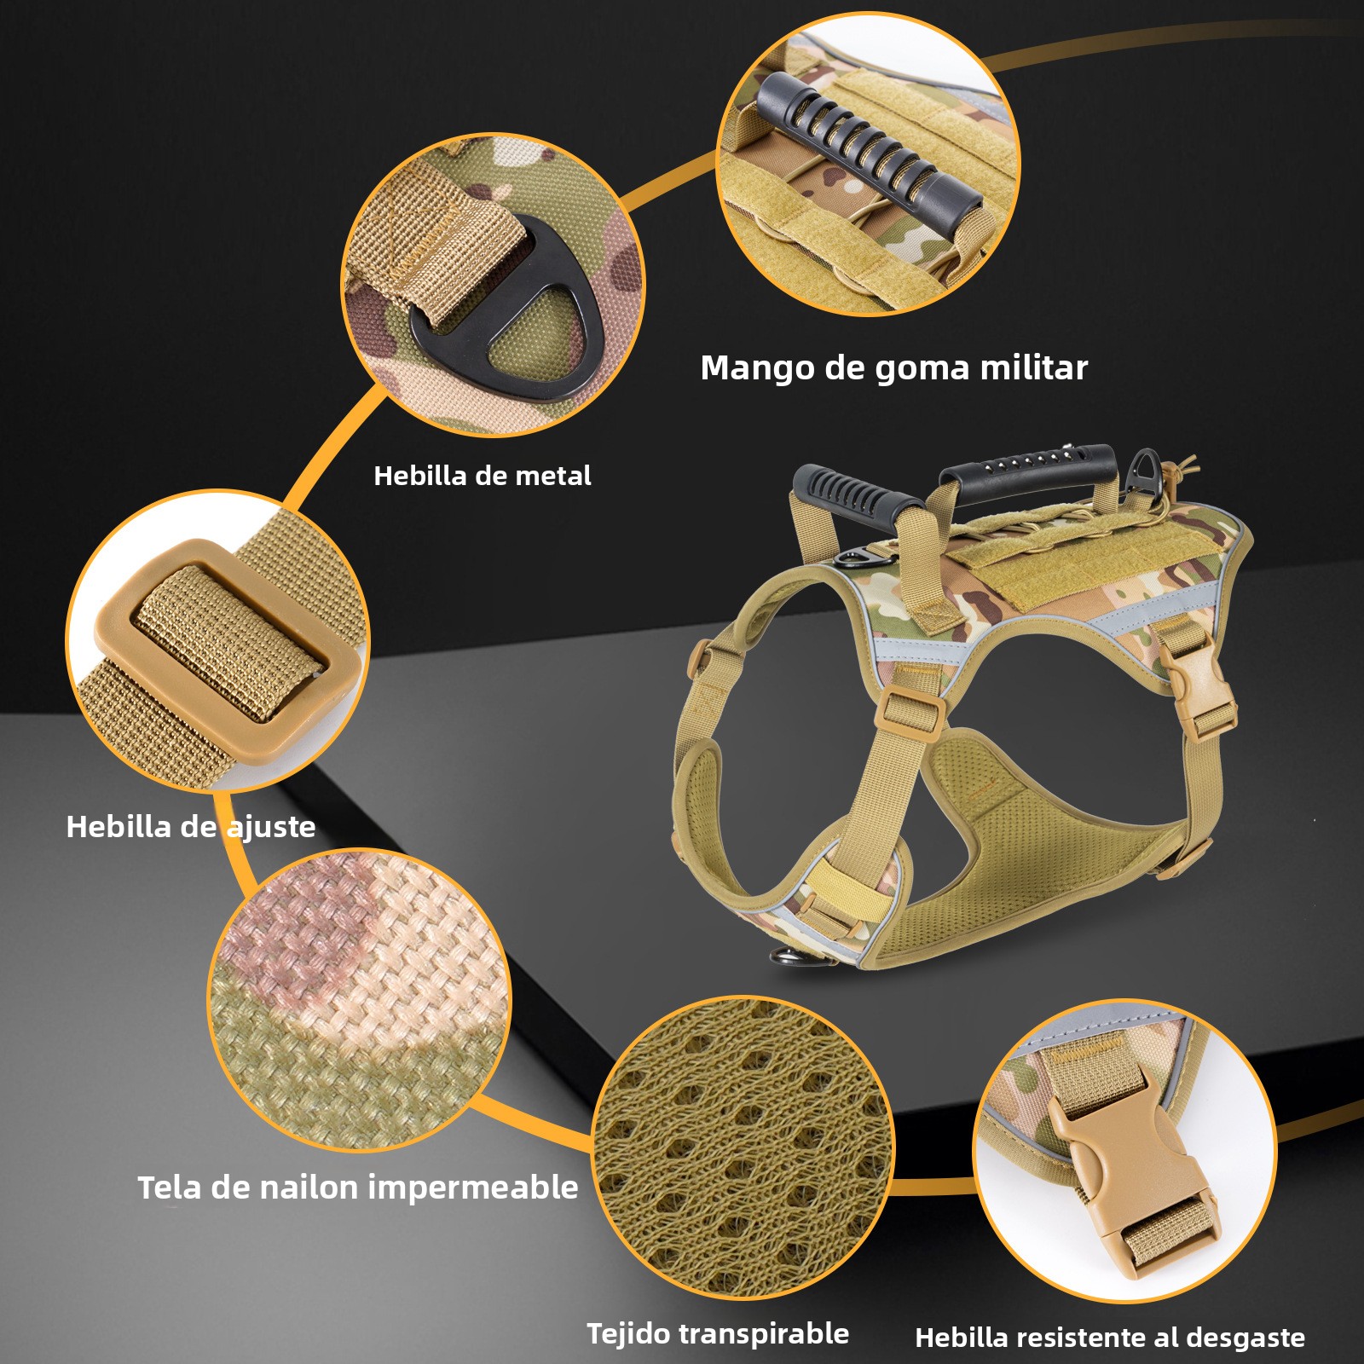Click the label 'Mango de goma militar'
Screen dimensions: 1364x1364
click(x=893, y=368)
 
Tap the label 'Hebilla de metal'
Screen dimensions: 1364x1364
click(x=483, y=476)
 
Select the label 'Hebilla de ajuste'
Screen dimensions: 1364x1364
click(x=191, y=826)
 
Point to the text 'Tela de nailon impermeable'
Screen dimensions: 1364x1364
click(x=358, y=1187)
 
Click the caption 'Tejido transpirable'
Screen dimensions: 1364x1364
click(x=718, y=1333)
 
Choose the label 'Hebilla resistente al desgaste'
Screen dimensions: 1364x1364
click(x=1110, y=1338)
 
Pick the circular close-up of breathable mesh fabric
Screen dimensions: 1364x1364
click(x=742, y=1147)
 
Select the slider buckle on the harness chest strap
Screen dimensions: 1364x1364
click(x=911, y=710)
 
